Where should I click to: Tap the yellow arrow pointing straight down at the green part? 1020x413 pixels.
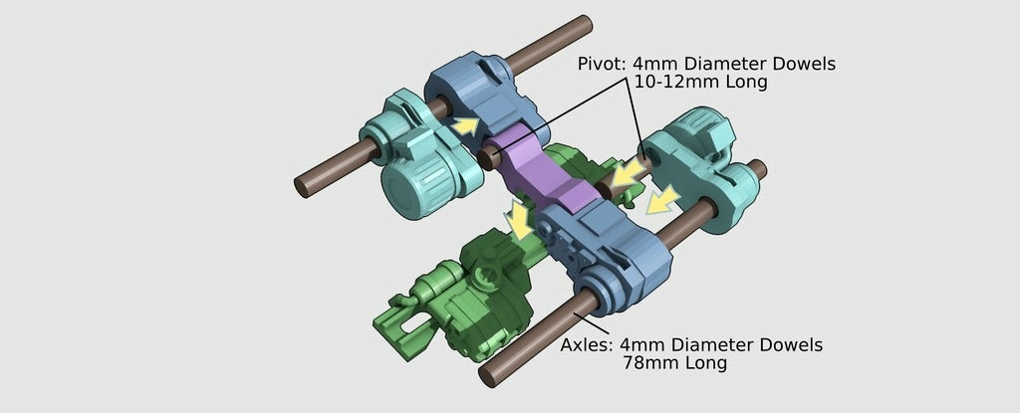click(520, 220)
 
